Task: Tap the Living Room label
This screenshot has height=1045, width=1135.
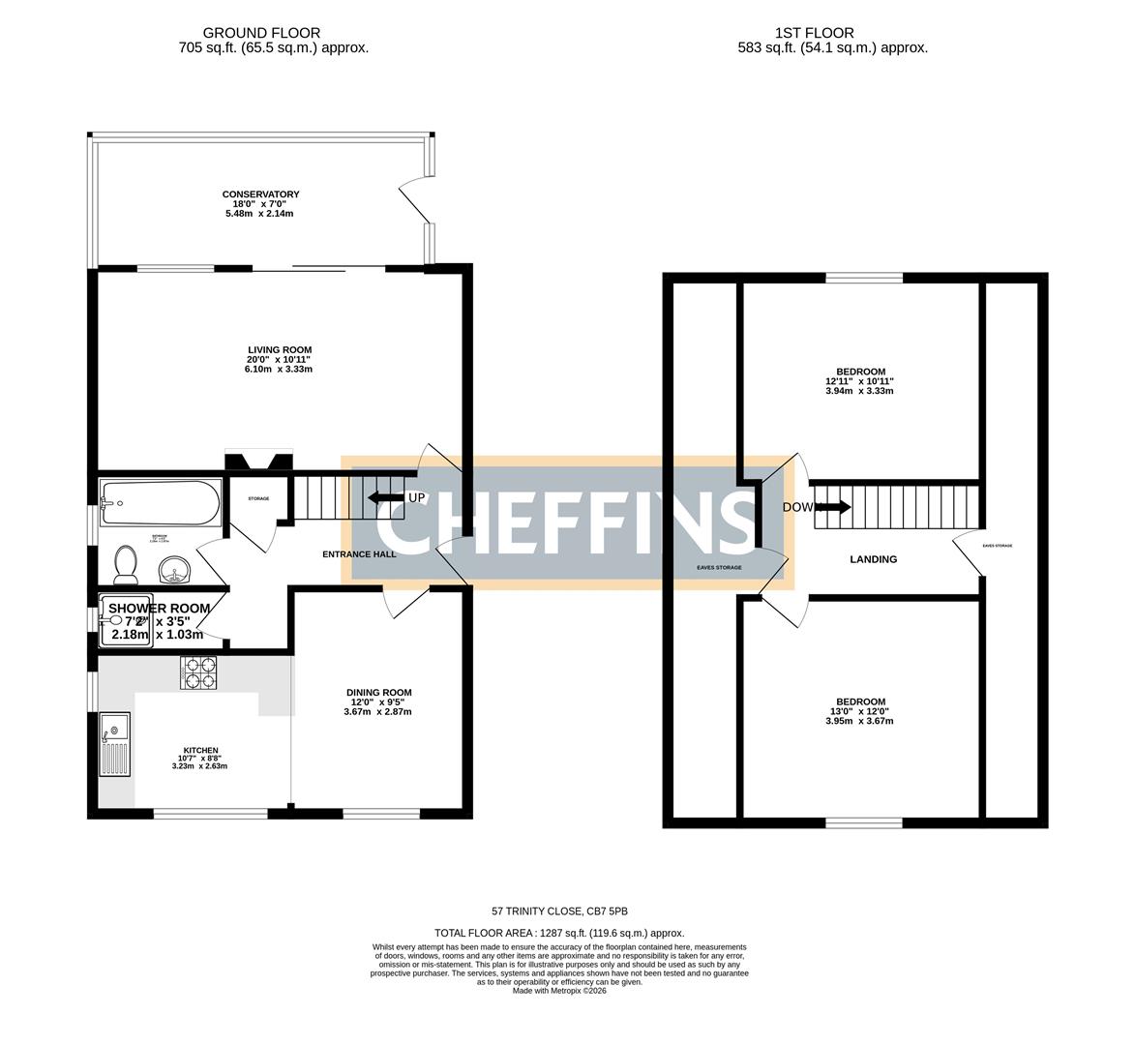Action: pyautogui.click(x=279, y=350)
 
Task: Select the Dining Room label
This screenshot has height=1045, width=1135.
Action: pyautogui.click(x=378, y=692)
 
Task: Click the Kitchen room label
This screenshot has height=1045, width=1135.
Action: pyautogui.click(x=200, y=750)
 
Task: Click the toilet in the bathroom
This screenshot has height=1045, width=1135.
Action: pyautogui.click(x=125, y=564)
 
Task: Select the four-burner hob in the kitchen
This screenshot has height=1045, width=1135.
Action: pyautogui.click(x=200, y=673)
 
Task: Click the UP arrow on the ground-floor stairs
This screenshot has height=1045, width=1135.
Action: pyautogui.click(x=385, y=497)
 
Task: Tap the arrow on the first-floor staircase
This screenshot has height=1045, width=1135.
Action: pyautogui.click(x=832, y=506)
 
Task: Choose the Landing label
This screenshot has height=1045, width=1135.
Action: pyautogui.click(x=873, y=559)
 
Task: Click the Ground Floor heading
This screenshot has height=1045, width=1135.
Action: pyautogui.click(x=261, y=33)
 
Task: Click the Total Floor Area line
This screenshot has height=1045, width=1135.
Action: pyautogui.click(x=559, y=933)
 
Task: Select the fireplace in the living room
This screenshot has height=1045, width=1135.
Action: pyautogui.click(x=258, y=461)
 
